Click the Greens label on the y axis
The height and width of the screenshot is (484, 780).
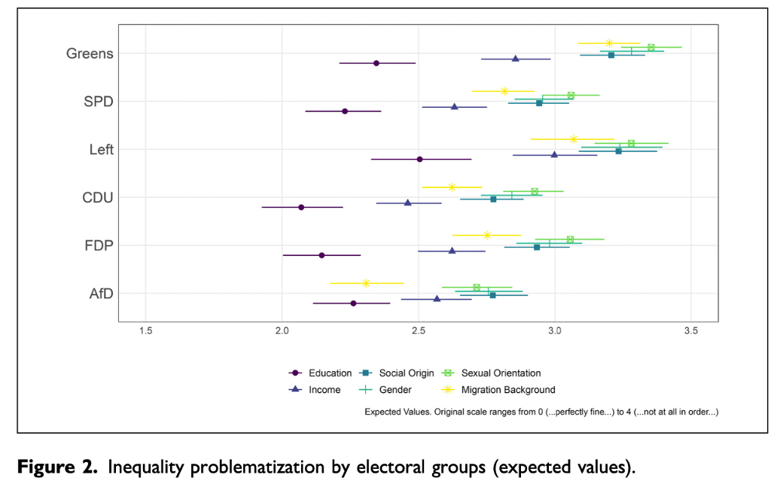pyautogui.click(x=90, y=53)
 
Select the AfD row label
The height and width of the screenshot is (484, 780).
pyautogui.click(x=101, y=294)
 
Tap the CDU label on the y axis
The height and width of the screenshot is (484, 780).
pyautogui.click(x=98, y=198)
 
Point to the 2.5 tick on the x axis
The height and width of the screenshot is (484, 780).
pyautogui.click(x=418, y=331)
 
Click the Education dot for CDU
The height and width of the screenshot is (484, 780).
pyautogui.click(x=301, y=207)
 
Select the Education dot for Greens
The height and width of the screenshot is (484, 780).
pyautogui.click(x=376, y=63)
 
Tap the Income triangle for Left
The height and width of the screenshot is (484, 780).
pyautogui.click(x=554, y=155)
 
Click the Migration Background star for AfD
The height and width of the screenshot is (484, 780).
pyautogui.click(x=366, y=283)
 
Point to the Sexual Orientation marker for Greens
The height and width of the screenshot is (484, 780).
pyautogui.click(x=651, y=47)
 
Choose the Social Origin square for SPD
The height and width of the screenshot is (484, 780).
pyautogui.click(x=539, y=103)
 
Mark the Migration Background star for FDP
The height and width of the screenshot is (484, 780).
pyautogui.click(x=487, y=235)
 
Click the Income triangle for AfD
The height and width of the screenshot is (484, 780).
pyautogui.click(x=437, y=299)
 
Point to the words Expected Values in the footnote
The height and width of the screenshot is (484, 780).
pyautogui.click(x=398, y=412)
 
